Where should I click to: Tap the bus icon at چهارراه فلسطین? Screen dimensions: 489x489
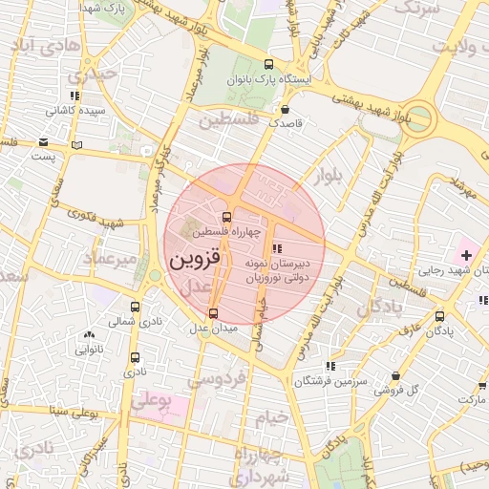(x=226, y=217)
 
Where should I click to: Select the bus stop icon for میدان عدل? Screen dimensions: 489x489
(x=213, y=312)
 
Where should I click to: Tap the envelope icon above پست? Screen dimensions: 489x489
(x=43, y=141)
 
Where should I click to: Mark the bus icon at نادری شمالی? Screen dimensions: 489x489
(x=135, y=308)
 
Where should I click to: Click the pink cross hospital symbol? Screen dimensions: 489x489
(x=466, y=255)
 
